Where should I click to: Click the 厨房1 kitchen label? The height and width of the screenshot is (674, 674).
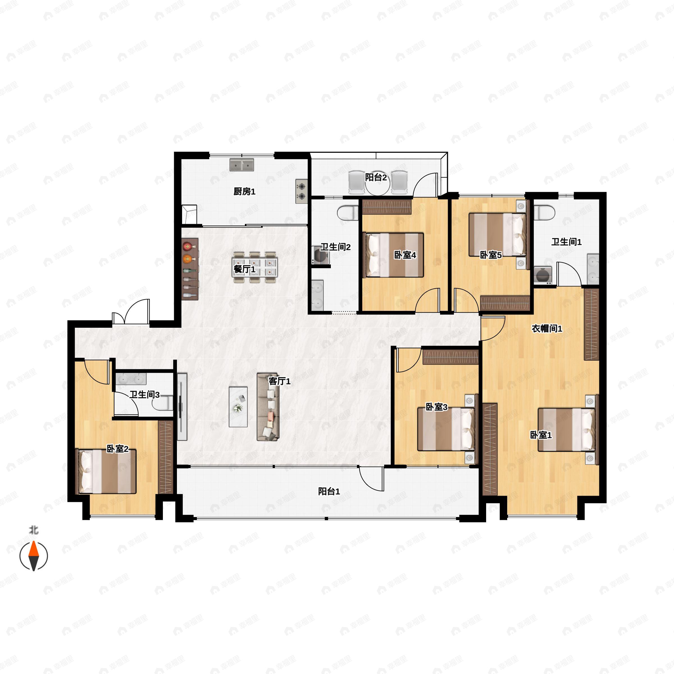[x=244, y=191]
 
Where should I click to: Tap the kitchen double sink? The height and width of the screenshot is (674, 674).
[x=242, y=165]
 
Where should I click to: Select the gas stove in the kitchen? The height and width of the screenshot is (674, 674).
[x=301, y=191]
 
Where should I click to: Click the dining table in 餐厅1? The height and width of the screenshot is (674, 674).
[x=255, y=268]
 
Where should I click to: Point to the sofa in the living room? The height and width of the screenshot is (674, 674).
[x=268, y=407]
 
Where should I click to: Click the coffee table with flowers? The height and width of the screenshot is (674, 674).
[x=238, y=407]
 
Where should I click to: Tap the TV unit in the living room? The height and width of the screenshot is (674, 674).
[x=182, y=407]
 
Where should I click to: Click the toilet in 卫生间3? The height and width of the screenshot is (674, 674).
[x=163, y=403]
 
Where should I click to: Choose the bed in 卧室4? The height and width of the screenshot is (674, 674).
[x=393, y=255]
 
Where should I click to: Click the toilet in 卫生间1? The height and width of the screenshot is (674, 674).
[x=544, y=213]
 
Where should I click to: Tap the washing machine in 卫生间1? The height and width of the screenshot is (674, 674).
[x=543, y=275]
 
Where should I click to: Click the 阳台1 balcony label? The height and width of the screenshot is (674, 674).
[x=329, y=491]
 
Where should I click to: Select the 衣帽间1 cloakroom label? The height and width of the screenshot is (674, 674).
[x=547, y=328]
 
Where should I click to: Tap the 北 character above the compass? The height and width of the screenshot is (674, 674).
[x=33, y=530]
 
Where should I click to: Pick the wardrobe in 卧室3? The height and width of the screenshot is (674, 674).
[x=450, y=357]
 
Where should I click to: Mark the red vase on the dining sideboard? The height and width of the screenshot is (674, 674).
[x=188, y=246]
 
